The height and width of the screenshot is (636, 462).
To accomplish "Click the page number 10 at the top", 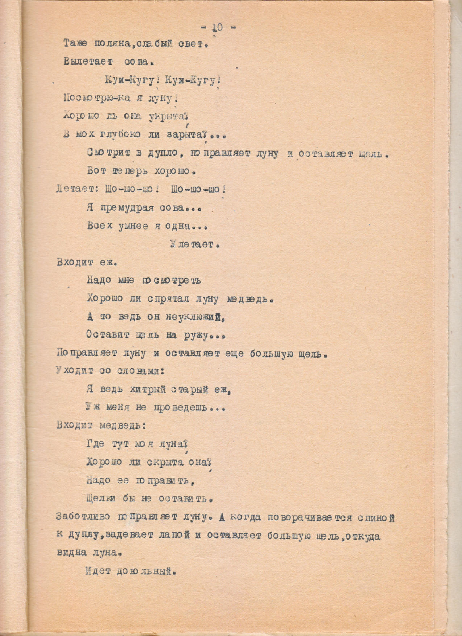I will [217, 28].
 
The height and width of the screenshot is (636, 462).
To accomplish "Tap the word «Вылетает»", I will [88, 62].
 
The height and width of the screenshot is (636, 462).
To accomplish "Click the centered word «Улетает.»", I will [194, 245].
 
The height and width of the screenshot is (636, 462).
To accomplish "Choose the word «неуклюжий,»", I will [195, 317].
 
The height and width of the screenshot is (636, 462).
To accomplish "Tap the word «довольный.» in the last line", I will [146, 571].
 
